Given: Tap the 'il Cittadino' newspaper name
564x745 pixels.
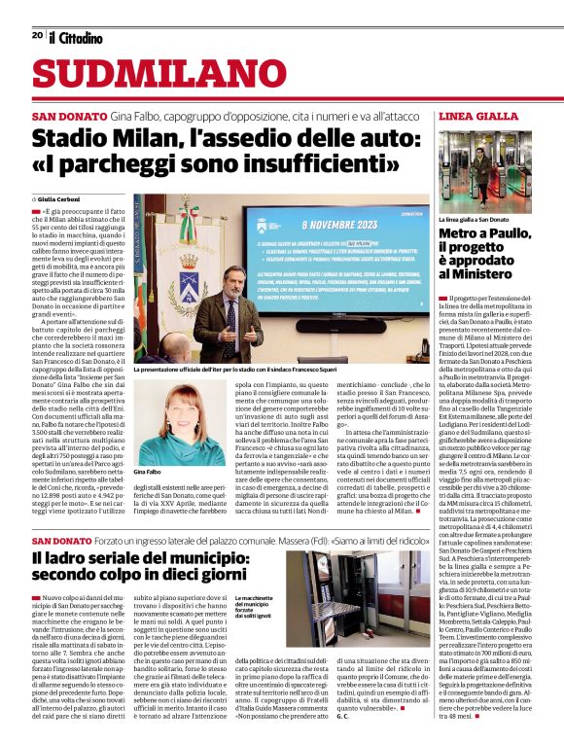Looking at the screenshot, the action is [x=76, y=37].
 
